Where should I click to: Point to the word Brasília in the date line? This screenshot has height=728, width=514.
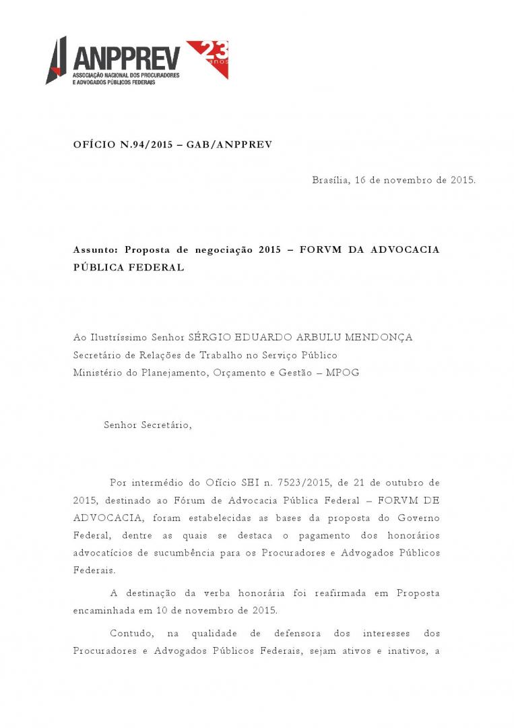point(331,180)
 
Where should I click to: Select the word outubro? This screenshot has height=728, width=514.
point(398,483)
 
